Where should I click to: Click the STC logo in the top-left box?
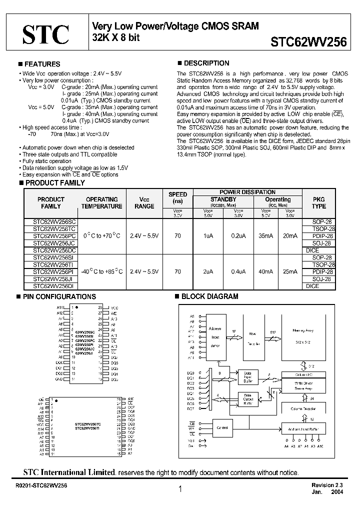click(45, 34)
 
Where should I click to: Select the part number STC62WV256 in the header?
click(308, 42)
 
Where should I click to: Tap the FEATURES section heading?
click(42, 64)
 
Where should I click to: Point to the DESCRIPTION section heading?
click(206, 63)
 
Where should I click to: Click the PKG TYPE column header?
click(318, 202)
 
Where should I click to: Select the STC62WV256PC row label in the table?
click(54, 235)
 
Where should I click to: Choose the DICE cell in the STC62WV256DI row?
click(312, 286)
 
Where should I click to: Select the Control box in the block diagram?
click(221, 428)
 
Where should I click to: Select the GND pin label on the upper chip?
click(59, 379)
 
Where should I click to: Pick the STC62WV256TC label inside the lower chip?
click(88, 424)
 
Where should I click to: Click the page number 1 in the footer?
click(179, 489)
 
